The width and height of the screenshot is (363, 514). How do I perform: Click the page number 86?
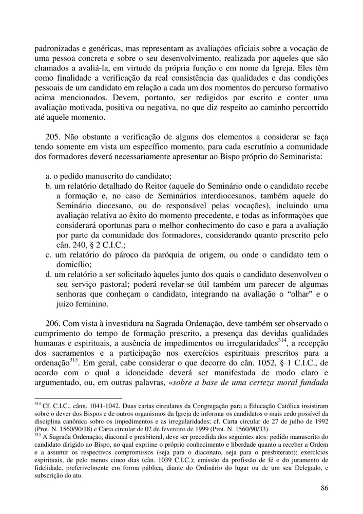pos(324,488)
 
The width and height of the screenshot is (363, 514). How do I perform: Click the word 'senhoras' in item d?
pos(72,293)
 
